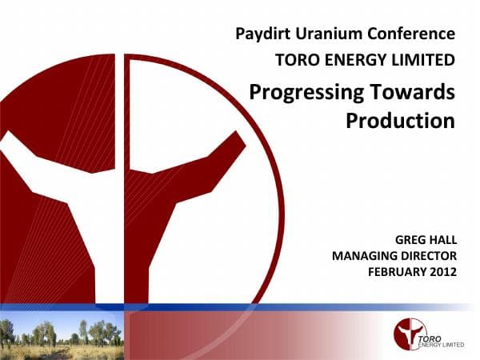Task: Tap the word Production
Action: (x=400, y=121)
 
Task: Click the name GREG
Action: (x=413, y=239)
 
